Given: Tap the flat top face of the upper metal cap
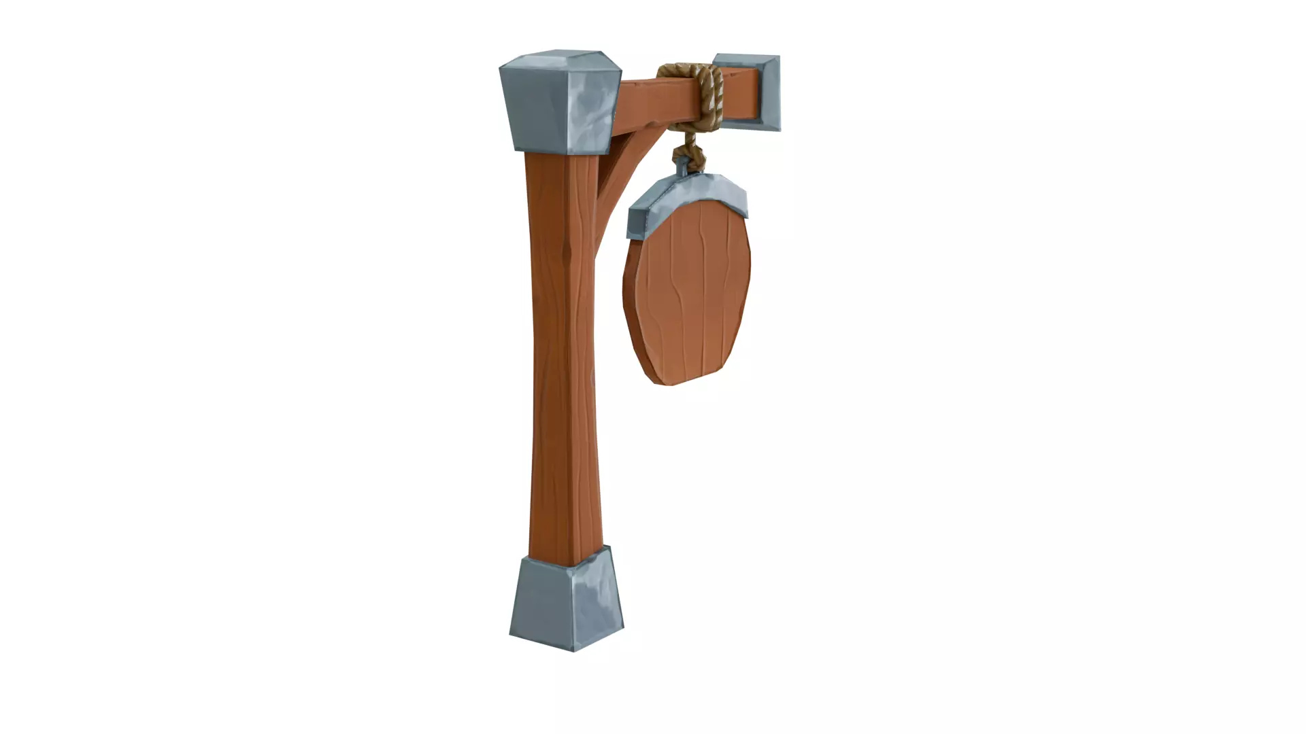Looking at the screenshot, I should point(559,60).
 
